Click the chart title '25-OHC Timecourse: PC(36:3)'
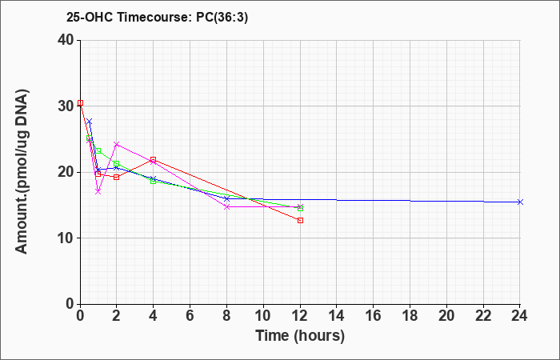click(157, 18)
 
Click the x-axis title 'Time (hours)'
click(300, 336)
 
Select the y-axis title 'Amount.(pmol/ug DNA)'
click(22, 172)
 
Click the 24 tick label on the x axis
click(520, 316)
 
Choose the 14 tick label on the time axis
click(337, 316)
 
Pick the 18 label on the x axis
click(410, 316)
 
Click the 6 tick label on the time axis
click(190, 316)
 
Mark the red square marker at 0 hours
click(80, 103)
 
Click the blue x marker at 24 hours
click(520, 202)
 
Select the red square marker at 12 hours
click(300, 220)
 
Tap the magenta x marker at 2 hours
click(117, 144)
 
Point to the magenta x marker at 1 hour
click(98, 192)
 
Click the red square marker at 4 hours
click(154, 159)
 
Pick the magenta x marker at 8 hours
click(226, 206)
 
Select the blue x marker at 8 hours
click(226, 198)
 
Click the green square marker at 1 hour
click(98, 150)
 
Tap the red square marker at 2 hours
click(117, 177)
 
